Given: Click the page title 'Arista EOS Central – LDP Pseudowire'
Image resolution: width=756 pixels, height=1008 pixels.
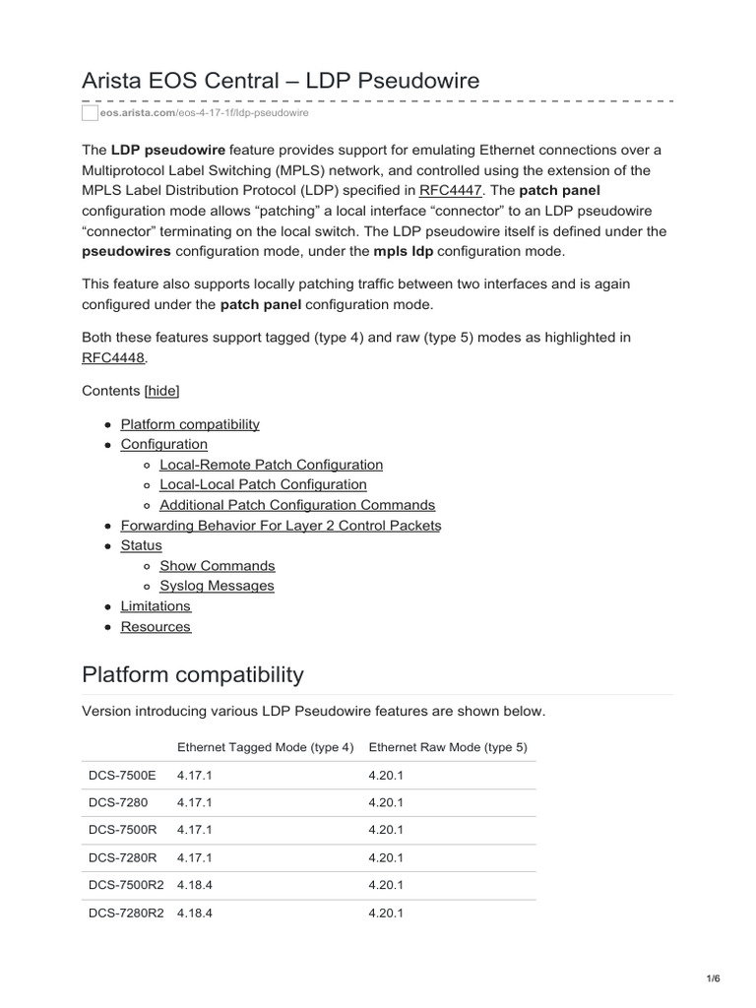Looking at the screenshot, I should click(x=281, y=81).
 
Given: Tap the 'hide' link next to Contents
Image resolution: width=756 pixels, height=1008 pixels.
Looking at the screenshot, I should click(x=162, y=391).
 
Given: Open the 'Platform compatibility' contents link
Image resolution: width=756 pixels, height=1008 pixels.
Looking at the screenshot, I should click(x=190, y=424).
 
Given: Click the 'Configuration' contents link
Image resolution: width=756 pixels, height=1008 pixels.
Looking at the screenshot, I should click(x=163, y=444).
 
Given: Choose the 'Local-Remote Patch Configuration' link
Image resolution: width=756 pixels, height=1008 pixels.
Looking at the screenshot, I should click(x=271, y=465).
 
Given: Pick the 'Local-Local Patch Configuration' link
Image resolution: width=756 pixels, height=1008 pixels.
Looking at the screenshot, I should click(x=263, y=484).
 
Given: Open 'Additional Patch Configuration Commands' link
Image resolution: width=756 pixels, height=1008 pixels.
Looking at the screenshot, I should click(x=296, y=505).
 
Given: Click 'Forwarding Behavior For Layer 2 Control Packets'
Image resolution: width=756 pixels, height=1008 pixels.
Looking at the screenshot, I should click(x=281, y=526).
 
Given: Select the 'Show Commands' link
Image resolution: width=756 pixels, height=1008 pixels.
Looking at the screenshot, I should click(x=217, y=566).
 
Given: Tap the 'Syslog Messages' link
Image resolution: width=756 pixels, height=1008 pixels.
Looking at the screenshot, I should click(x=217, y=586).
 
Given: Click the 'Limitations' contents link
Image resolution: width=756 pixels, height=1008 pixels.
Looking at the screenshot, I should click(x=156, y=606).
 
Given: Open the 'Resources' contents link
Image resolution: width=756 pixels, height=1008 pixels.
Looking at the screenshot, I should click(x=156, y=627).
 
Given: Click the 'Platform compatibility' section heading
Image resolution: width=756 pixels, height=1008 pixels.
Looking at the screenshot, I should click(x=193, y=675).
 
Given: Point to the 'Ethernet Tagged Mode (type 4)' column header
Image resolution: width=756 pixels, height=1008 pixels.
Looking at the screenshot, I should click(x=265, y=747).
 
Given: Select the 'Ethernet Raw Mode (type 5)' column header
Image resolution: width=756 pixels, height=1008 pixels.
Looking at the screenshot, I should click(x=448, y=747).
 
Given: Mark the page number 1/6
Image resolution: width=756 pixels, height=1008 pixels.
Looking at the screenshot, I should click(x=714, y=978).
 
